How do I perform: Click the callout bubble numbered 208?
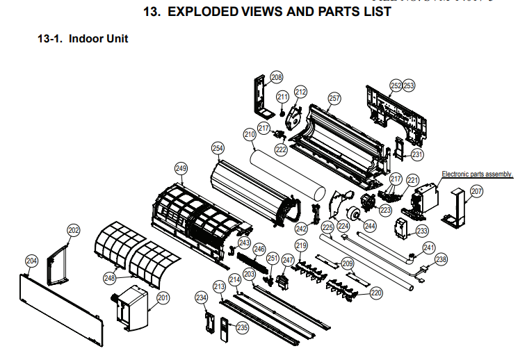[277, 77]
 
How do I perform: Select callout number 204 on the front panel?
[31, 261]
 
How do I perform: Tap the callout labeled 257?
[334, 99]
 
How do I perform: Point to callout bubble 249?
[181, 168]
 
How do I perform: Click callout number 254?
[218, 148]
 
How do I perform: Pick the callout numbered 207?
[477, 190]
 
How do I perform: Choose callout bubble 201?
[163, 298]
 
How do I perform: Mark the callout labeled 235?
[242, 327]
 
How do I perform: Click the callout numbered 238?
[441, 260]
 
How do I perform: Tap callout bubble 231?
[416, 154]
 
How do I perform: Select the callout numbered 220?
[376, 293]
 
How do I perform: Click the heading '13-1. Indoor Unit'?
[83, 39]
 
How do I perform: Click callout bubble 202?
[74, 230]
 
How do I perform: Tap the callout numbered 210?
[249, 134]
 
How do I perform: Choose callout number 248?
[110, 278]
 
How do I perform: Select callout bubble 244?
[369, 225]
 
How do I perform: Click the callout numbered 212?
[300, 91]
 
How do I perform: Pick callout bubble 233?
[422, 231]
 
